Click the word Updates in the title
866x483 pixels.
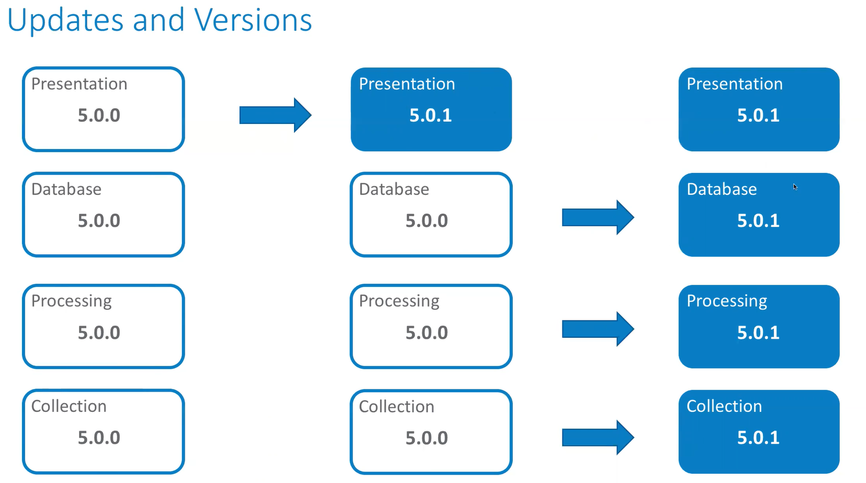tap(65, 21)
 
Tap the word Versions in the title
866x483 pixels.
tap(253, 21)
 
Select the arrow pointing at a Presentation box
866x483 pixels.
tap(275, 115)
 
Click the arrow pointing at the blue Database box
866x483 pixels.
tap(598, 217)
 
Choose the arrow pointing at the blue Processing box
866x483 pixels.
tap(598, 329)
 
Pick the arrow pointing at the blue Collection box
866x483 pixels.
tap(598, 437)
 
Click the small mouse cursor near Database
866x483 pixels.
tap(795, 187)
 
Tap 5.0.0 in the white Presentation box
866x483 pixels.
tap(99, 116)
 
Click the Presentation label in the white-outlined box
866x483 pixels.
tap(79, 84)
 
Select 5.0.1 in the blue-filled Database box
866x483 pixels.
tap(758, 221)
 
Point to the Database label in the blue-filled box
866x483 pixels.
tap(722, 189)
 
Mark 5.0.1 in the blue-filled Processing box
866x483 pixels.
tap(758, 332)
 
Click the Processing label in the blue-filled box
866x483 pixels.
tap(727, 301)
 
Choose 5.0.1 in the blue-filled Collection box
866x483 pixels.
tap(758, 438)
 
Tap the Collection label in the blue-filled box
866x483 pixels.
tap(724, 406)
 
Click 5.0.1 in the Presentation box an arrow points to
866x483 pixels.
tap(430, 116)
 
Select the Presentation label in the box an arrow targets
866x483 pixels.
tap(407, 84)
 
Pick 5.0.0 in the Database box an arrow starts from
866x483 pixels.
tap(426, 221)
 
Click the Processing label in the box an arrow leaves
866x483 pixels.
tap(399, 301)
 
